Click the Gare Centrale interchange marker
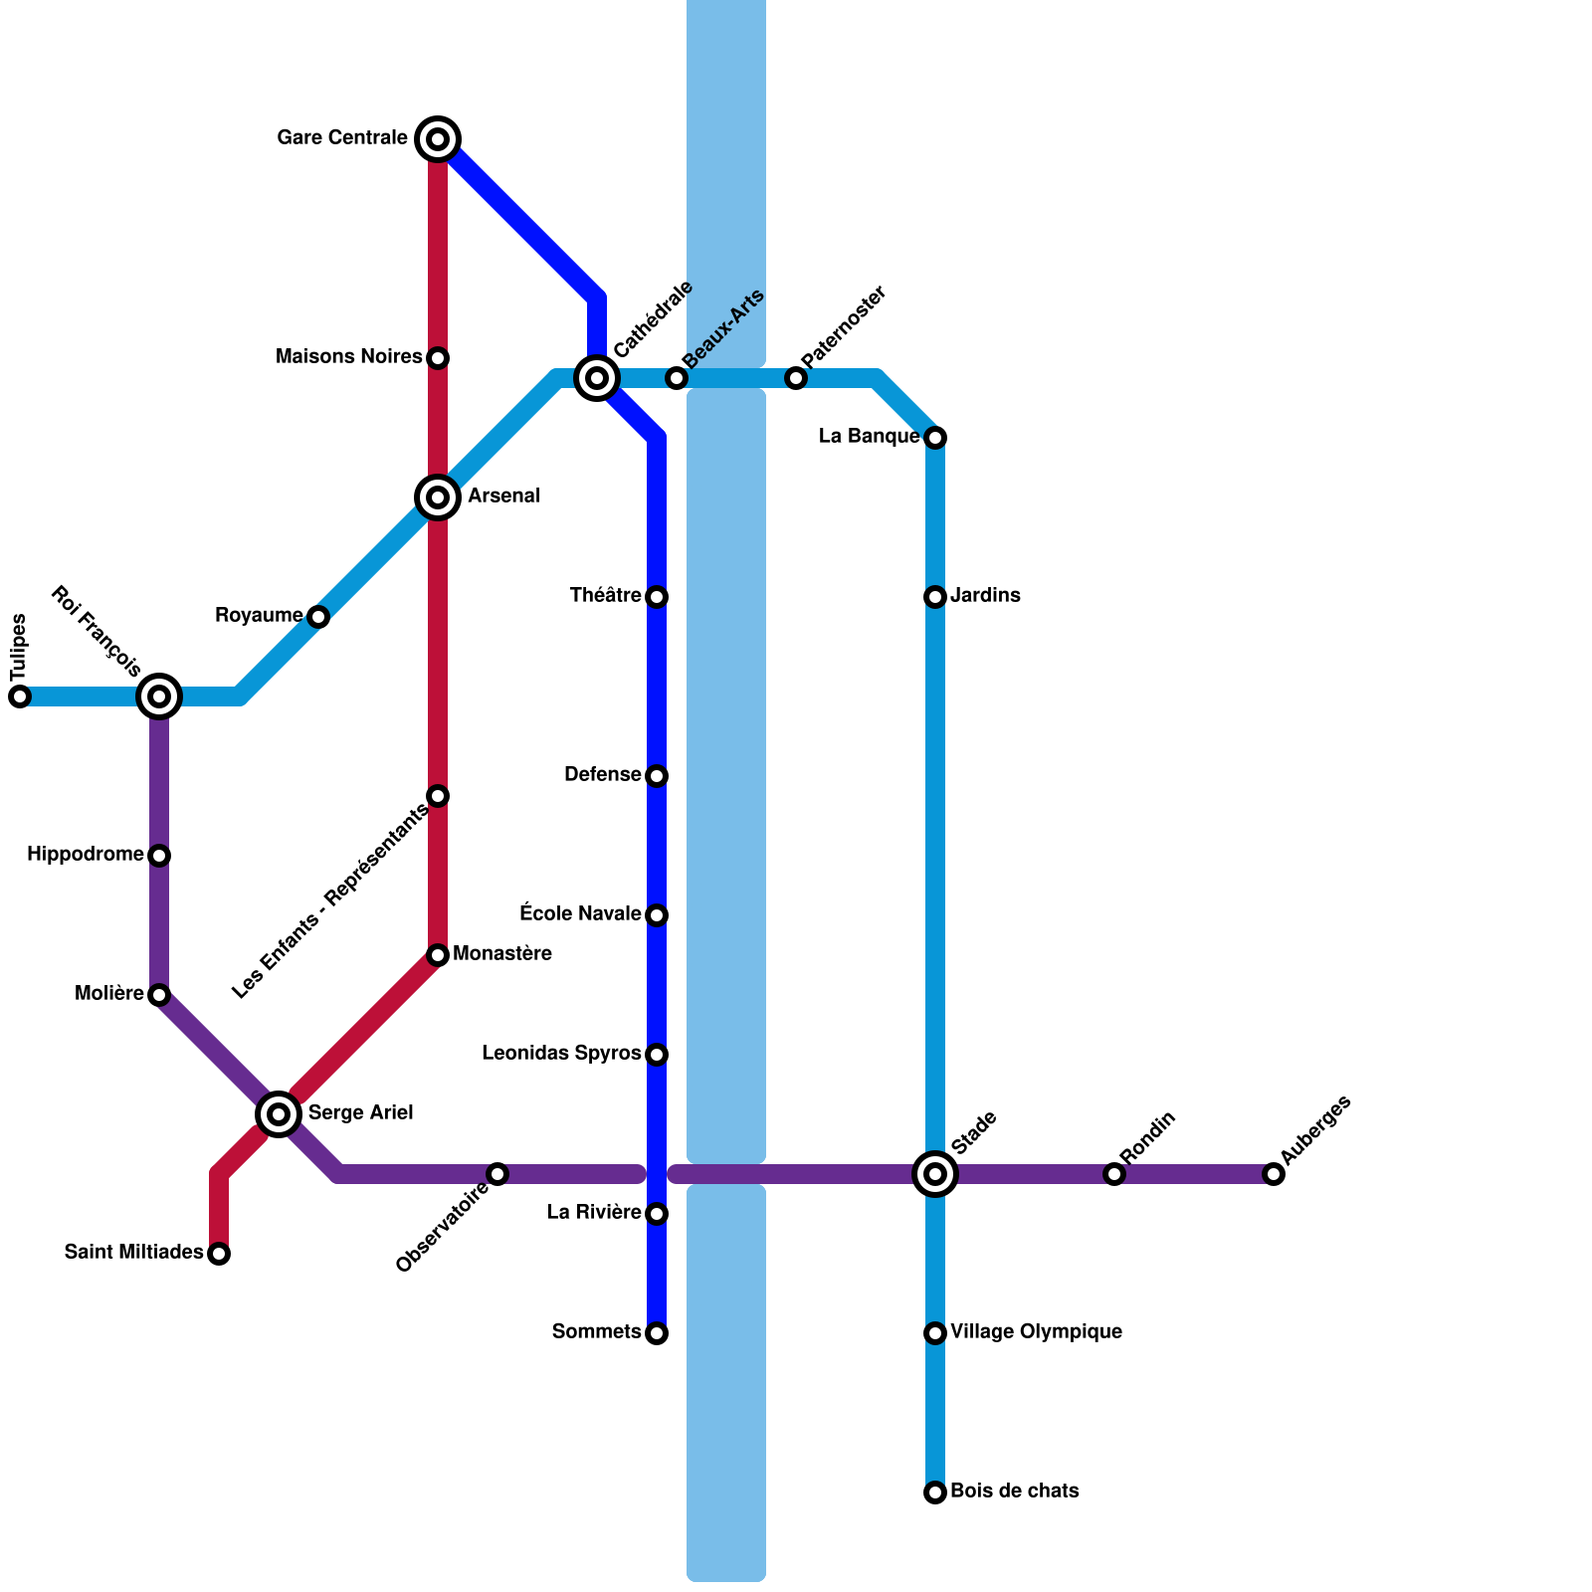(438, 138)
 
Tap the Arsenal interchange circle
(438, 497)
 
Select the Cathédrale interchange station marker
(597, 378)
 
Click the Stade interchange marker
(935, 1174)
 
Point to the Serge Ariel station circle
(280, 1113)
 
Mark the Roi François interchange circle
(159, 696)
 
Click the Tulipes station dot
(20, 696)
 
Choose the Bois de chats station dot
(935, 1492)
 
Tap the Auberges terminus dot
(1274, 1174)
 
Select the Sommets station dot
(657, 1333)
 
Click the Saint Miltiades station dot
(220, 1254)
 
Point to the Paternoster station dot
(796, 378)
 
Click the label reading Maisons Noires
(349, 356)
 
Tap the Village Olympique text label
(1036, 1331)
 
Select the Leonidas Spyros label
(561, 1053)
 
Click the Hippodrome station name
(86, 854)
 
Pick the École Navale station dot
(657, 915)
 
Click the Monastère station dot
(438, 955)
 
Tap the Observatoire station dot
(497, 1174)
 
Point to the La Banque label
(869, 436)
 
